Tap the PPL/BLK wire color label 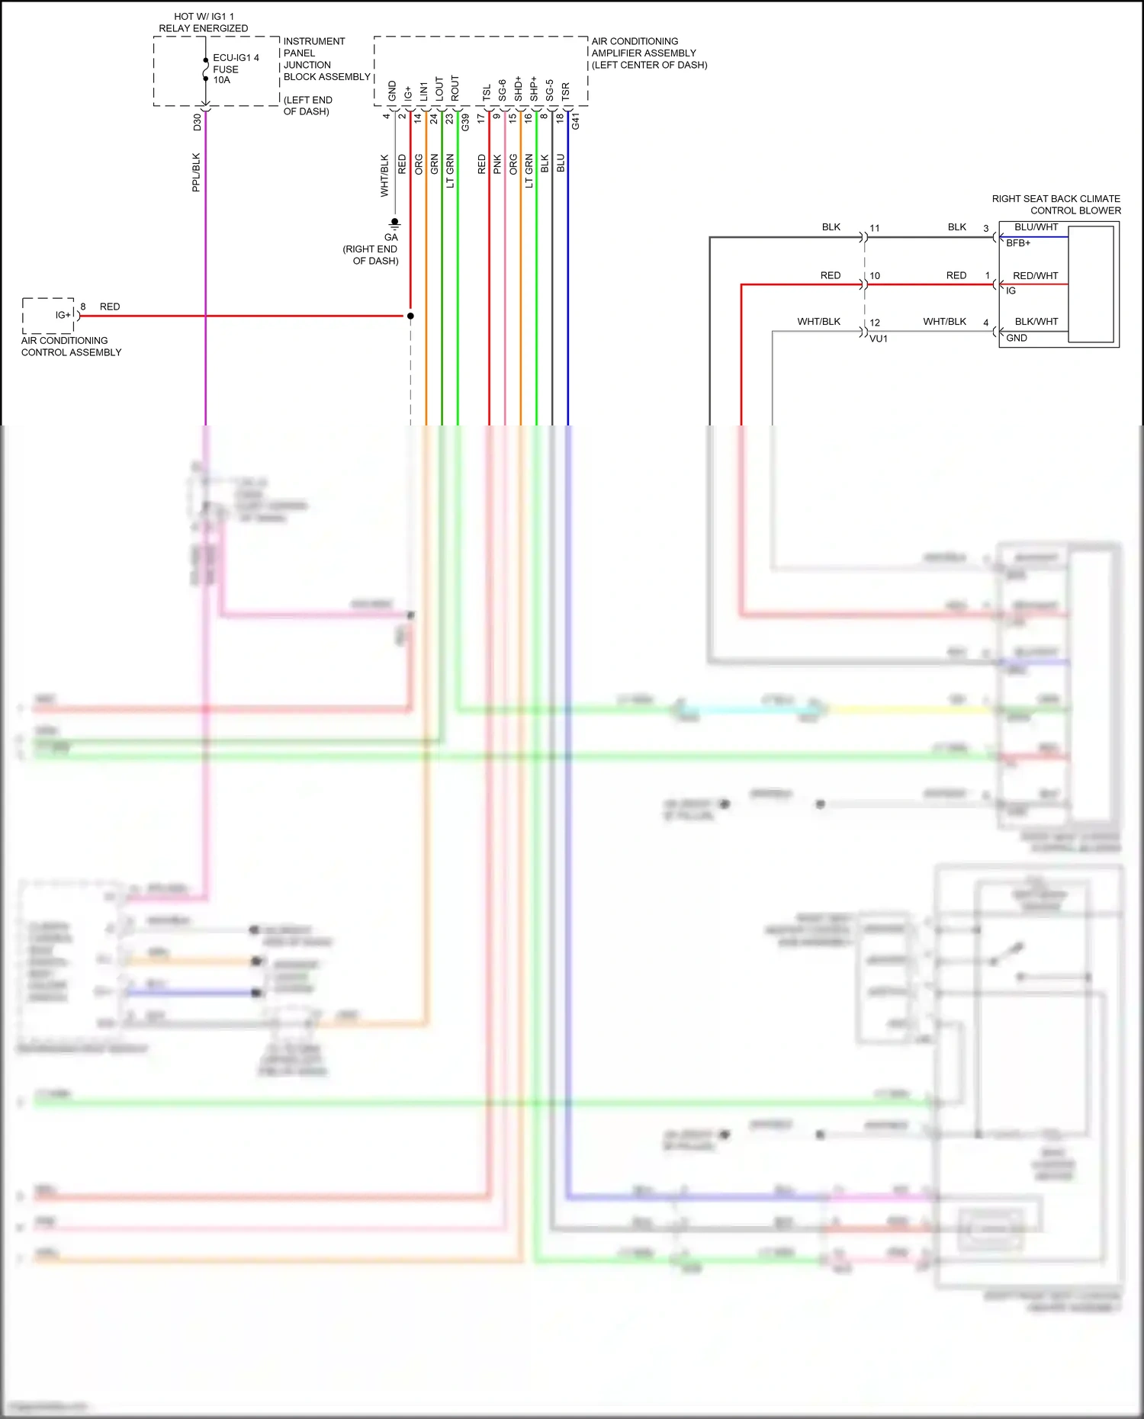tap(196, 172)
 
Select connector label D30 tap(198, 121)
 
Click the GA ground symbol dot tap(394, 222)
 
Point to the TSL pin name tap(487, 92)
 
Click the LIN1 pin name tap(424, 91)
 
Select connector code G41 tap(576, 121)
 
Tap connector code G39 tap(465, 121)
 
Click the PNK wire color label tap(497, 164)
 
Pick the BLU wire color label tap(561, 163)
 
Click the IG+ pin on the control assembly tap(63, 315)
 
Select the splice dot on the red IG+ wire tap(410, 316)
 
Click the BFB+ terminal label tap(1017, 243)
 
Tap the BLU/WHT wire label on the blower tap(1036, 227)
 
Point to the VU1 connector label tap(879, 339)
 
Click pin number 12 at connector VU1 tap(875, 323)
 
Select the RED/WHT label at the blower tap(1035, 276)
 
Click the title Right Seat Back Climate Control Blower tap(1056, 204)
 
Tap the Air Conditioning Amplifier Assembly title tap(648, 53)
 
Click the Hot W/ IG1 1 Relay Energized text tap(203, 22)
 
